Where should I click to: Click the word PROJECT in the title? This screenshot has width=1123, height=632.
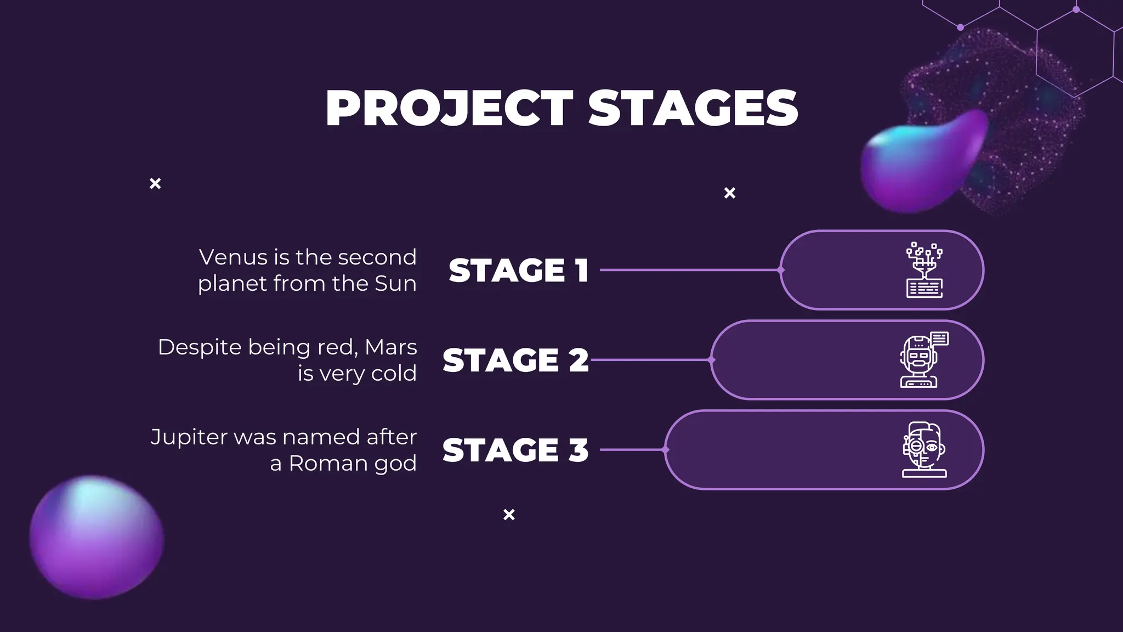tap(449, 108)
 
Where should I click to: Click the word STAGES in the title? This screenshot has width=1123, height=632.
tap(693, 108)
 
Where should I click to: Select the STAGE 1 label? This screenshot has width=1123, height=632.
tap(519, 270)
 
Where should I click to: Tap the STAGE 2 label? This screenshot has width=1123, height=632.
tap(515, 360)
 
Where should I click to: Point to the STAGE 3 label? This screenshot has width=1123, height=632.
tap(515, 450)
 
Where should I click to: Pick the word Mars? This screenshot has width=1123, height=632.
tap(390, 347)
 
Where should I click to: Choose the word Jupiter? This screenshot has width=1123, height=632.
tap(189, 437)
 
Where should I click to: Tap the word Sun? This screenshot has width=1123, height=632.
tap(395, 284)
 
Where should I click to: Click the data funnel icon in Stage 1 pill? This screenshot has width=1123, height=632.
tap(924, 270)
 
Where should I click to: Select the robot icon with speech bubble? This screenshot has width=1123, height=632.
tap(923, 360)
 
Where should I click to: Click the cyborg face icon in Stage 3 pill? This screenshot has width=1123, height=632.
tap(924, 450)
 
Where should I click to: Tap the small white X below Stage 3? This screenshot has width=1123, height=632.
tap(509, 515)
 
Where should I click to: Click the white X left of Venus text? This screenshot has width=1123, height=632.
tap(155, 183)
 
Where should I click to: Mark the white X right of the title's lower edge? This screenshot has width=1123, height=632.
tap(730, 193)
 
